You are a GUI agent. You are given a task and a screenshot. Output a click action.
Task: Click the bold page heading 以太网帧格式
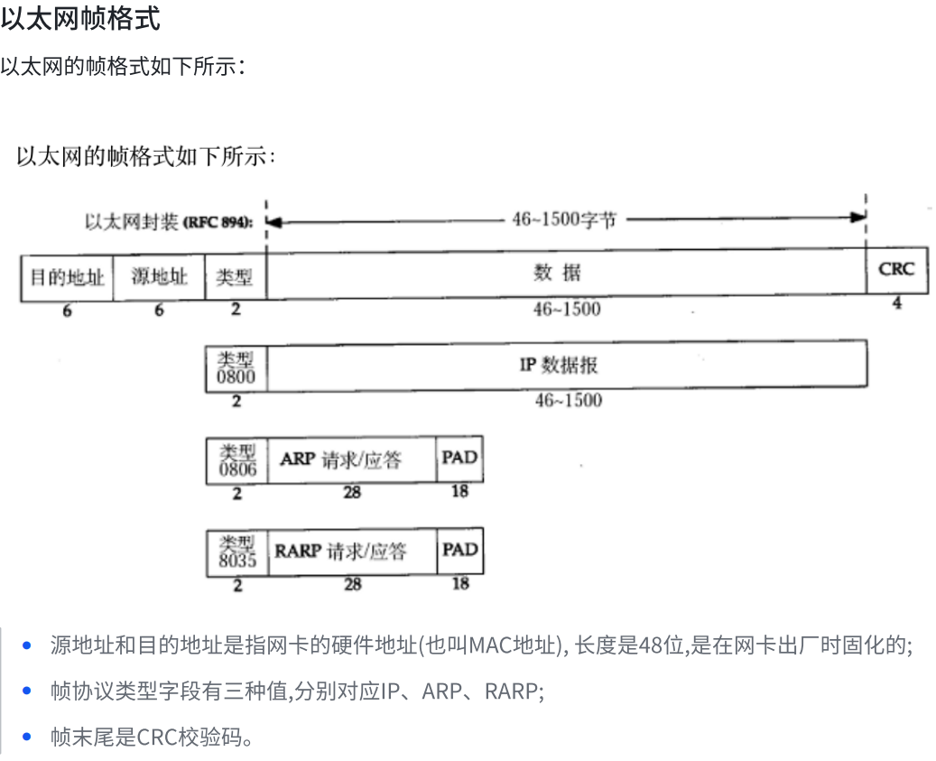click(x=80, y=19)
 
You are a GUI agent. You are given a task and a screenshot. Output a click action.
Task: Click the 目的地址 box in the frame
click(x=68, y=276)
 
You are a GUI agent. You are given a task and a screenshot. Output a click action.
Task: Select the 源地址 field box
click(x=160, y=276)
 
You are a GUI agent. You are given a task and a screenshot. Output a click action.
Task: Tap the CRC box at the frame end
click(x=896, y=270)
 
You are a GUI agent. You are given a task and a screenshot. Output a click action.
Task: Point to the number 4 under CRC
click(x=897, y=304)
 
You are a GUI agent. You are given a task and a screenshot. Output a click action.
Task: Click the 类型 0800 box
click(x=236, y=367)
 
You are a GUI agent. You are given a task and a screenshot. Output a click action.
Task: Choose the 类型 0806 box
click(x=236, y=460)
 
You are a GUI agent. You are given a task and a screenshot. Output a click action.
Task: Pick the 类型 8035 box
click(x=236, y=552)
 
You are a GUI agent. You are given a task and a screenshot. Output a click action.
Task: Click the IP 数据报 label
click(x=559, y=365)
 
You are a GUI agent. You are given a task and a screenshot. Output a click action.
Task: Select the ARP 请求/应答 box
click(x=352, y=459)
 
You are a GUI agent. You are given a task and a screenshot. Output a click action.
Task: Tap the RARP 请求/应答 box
click(x=352, y=551)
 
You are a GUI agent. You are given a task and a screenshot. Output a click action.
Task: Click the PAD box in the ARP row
click(x=459, y=458)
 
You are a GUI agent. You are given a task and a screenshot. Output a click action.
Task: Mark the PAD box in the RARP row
click(x=459, y=550)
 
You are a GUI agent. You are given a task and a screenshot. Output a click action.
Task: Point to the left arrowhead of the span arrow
click(x=273, y=220)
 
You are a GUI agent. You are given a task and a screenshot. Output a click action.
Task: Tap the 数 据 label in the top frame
click(x=558, y=274)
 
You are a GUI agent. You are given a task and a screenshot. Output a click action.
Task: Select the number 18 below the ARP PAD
click(x=460, y=491)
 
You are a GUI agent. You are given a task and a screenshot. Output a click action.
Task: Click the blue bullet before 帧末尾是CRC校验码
click(x=27, y=738)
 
